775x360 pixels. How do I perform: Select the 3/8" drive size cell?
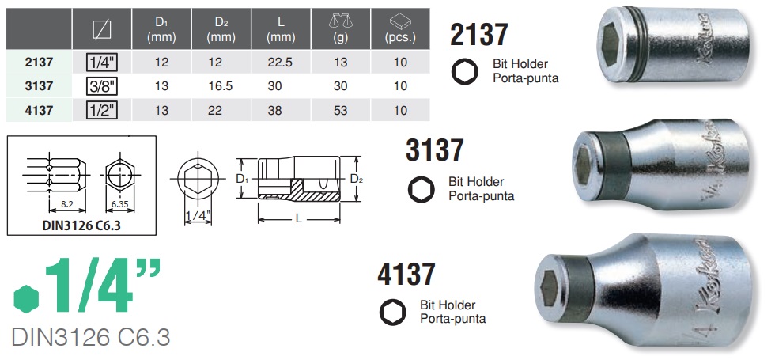pyautogui.click(x=101, y=85)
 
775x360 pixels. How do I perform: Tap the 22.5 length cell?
pyautogui.click(x=276, y=61)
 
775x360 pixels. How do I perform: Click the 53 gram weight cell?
pyautogui.click(x=341, y=111)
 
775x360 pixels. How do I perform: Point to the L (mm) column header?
pyautogui.click(x=276, y=29)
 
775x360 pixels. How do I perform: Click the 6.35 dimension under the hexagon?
pyautogui.click(x=119, y=204)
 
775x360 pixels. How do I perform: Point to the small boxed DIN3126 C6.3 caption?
pyautogui.click(x=81, y=225)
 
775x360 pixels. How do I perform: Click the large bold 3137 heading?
pyautogui.click(x=434, y=150)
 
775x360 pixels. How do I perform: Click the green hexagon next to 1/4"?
pyautogui.click(x=26, y=298)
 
